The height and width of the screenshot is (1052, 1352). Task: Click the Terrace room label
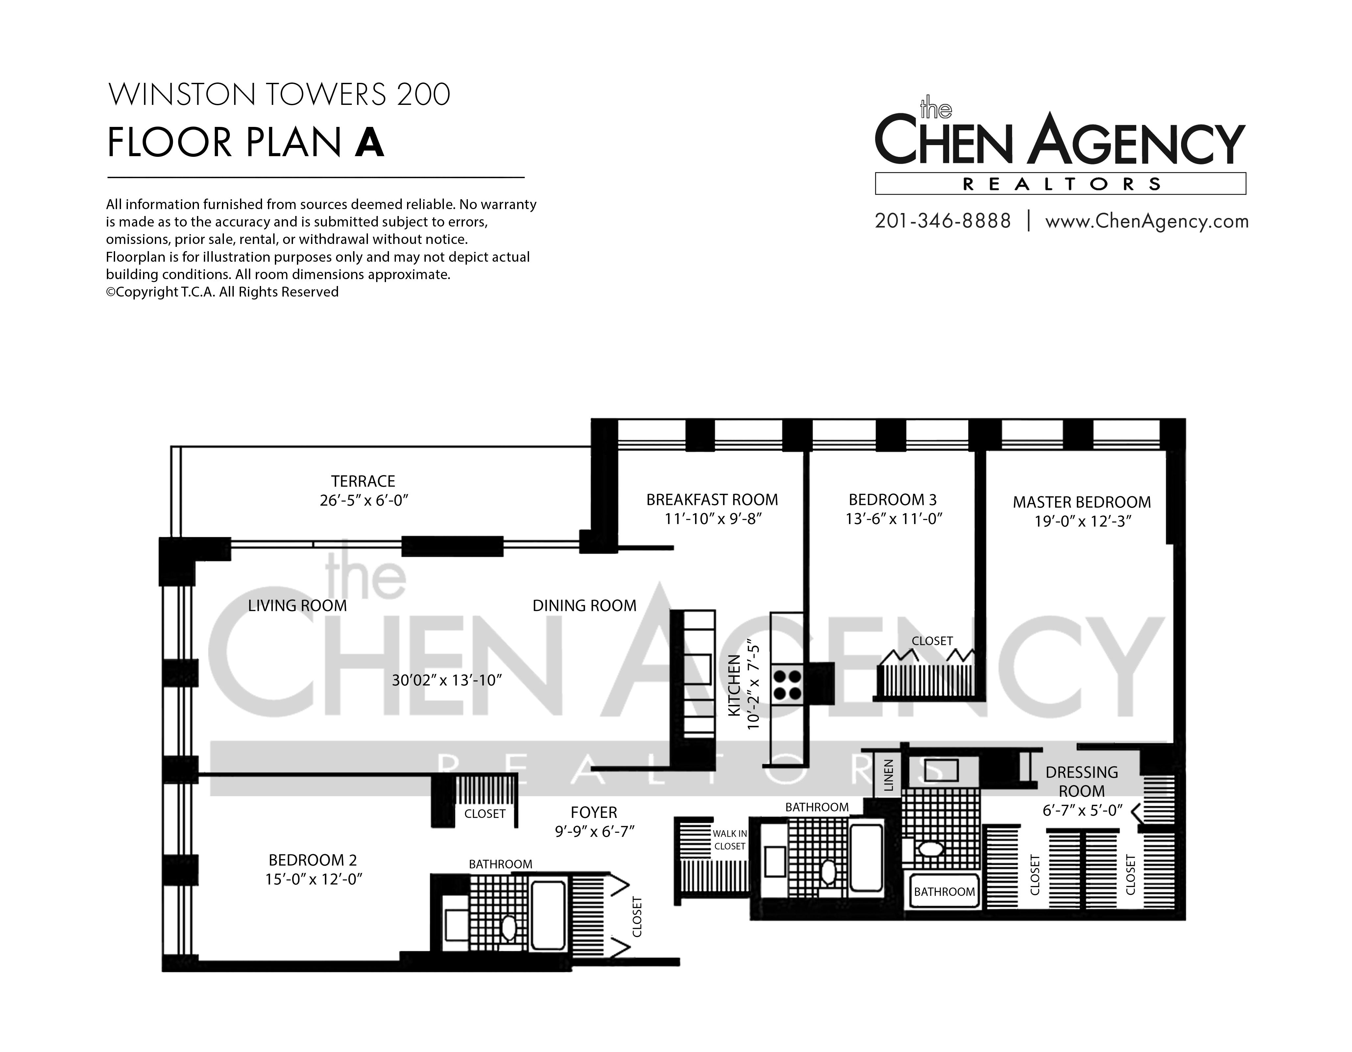363,481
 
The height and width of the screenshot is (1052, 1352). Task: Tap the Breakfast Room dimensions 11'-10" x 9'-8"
712,518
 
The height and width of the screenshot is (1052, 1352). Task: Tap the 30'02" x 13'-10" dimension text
446,681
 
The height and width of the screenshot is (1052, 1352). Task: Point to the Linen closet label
888,776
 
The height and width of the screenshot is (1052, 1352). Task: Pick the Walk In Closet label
730,840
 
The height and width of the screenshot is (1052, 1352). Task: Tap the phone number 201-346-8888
943,221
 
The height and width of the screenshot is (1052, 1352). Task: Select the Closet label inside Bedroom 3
932,641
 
